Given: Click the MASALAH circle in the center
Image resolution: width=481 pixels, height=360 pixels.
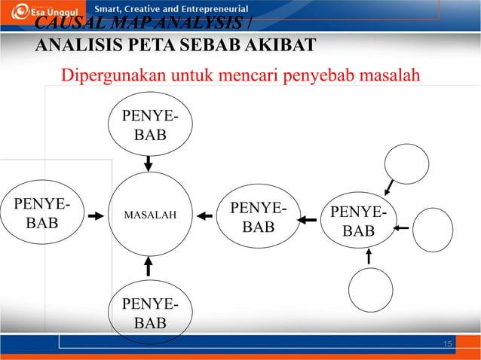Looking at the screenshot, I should click(149, 215).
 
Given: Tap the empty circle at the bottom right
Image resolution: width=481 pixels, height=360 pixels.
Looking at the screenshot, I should click(370, 290).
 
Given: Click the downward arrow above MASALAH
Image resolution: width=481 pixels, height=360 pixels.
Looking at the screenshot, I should click(149, 163).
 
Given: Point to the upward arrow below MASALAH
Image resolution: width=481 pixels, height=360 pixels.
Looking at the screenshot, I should click(149, 265).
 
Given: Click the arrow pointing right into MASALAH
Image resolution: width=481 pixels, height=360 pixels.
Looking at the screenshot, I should click(95, 216).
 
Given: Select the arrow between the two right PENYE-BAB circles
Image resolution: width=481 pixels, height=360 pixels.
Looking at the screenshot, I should click(307, 220).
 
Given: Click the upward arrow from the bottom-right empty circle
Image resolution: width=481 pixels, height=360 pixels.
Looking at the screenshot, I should click(368, 256).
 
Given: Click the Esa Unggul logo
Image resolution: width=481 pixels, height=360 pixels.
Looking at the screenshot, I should click(33, 13).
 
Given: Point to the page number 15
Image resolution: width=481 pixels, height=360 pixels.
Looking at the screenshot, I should click(448, 344).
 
